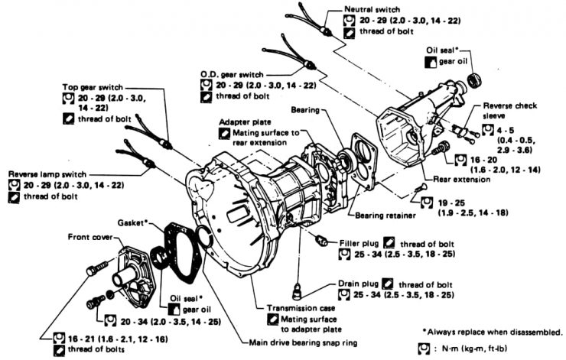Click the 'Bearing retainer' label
pos(383,215)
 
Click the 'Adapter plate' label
pos(245,122)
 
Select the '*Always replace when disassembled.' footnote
pos(492,331)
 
